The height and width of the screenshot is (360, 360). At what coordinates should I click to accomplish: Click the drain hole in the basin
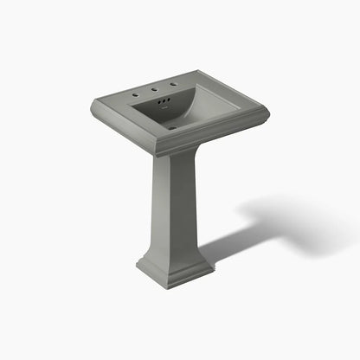click(170, 126)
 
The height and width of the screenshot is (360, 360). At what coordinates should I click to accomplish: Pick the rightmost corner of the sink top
click(269, 110)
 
